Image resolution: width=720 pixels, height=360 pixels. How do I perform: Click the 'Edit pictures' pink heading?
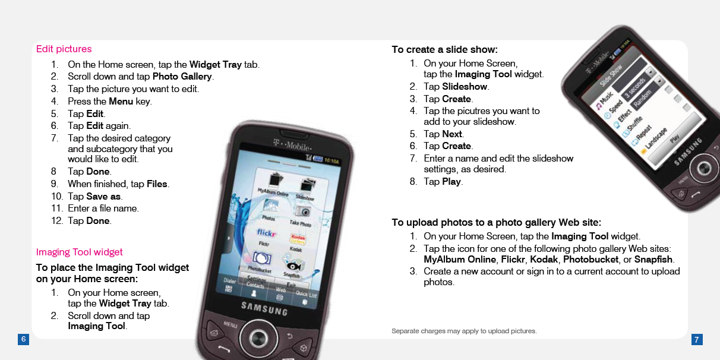[x=64, y=49]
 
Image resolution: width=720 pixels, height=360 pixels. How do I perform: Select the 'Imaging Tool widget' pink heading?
[x=79, y=252]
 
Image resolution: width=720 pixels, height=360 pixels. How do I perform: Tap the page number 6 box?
[x=23, y=339]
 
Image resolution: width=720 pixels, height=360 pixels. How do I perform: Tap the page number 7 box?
[x=697, y=339]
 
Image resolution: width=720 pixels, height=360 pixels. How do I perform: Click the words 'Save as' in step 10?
[x=103, y=196]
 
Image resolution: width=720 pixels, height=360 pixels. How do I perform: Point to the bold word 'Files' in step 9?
[x=157, y=184]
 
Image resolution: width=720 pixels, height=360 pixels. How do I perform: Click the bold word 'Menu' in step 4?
[x=121, y=101]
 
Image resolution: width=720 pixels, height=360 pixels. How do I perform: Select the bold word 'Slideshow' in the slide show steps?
[x=465, y=87]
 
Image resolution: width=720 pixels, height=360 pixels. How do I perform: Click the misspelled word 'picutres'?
[x=476, y=110]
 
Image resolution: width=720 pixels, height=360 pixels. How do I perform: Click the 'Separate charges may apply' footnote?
[x=464, y=331]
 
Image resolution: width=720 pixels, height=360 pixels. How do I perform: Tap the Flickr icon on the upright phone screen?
[x=266, y=232]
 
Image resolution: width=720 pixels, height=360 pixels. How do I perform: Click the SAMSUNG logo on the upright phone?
[x=264, y=308]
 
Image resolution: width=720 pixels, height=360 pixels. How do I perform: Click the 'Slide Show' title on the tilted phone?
[x=611, y=74]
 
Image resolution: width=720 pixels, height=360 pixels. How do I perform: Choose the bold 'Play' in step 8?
[x=451, y=182]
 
